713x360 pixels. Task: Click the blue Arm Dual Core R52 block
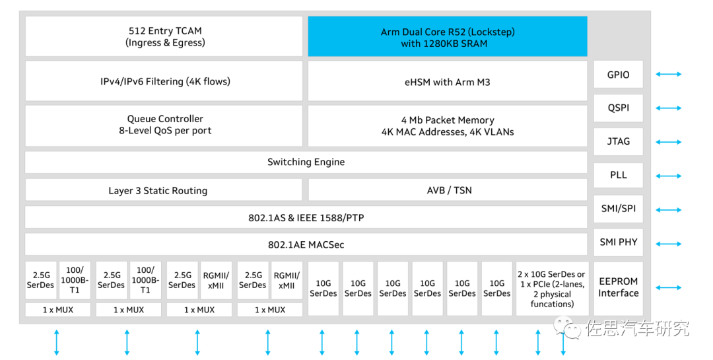(x=448, y=37)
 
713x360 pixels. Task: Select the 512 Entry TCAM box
(x=164, y=37)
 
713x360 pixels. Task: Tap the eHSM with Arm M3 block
(x=448, y=82)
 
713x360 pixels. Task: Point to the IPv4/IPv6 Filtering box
(x=164, y=82)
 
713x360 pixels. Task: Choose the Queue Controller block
(x=164, y=125)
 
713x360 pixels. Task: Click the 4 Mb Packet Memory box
(x=448, y=126)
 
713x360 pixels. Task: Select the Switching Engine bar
(x=306, y=162)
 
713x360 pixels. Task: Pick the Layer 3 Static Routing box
(x=164, y=190)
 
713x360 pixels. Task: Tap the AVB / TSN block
(x=448, y=190)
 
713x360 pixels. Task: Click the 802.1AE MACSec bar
(x=306, y=244)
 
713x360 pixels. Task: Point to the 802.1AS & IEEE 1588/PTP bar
(x=306, y=217)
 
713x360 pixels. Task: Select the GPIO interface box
(x=618, y=75)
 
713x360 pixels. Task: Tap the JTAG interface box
(x=618, y=141)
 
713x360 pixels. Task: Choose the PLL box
(x=618, y=175)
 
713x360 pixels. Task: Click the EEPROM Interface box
(x=618, y=287)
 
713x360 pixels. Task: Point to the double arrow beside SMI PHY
(x=668, y=243)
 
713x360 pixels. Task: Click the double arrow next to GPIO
(x=668, y=75)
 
